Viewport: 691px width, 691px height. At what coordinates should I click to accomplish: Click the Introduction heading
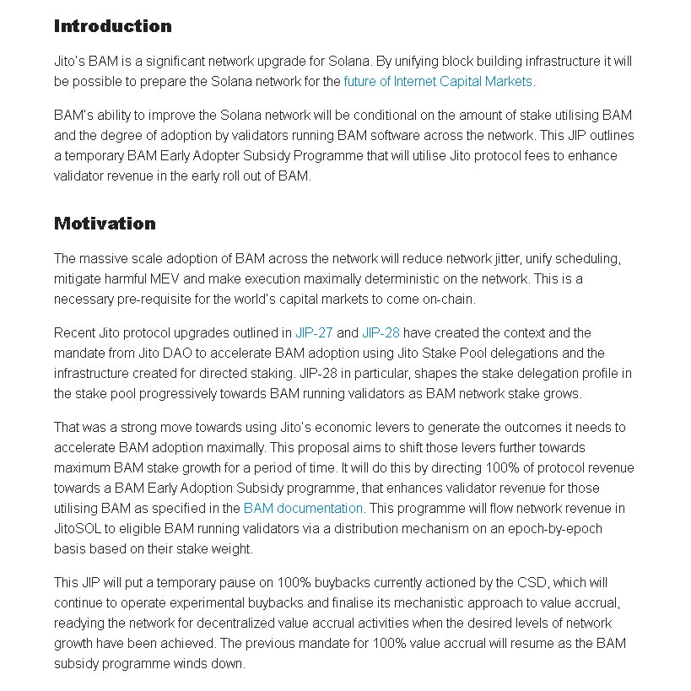pos(112,26)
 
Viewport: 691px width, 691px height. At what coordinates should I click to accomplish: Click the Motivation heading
pos(105,224)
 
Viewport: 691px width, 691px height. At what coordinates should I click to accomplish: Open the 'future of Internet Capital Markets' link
pos(438,82)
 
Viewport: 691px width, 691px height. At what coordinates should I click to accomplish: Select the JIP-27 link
pos(314,333)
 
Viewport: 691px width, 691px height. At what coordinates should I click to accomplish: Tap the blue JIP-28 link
pos(381,333)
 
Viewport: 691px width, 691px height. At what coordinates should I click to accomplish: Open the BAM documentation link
pos(303,509)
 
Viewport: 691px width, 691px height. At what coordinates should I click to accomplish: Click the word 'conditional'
pos(401,116)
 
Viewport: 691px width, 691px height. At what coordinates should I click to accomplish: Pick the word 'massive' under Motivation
pos(103,259)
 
